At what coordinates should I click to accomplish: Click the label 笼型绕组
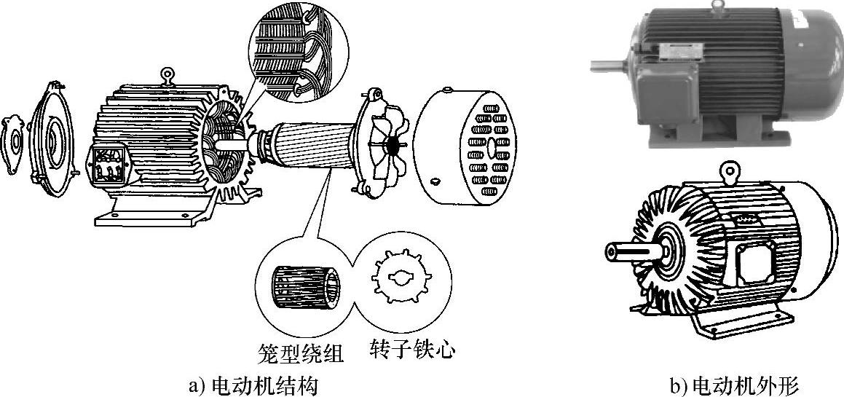[x=300, y=353]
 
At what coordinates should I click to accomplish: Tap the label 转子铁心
[x=412, y=350]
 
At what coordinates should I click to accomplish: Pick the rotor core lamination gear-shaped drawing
[x=400, y=279]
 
